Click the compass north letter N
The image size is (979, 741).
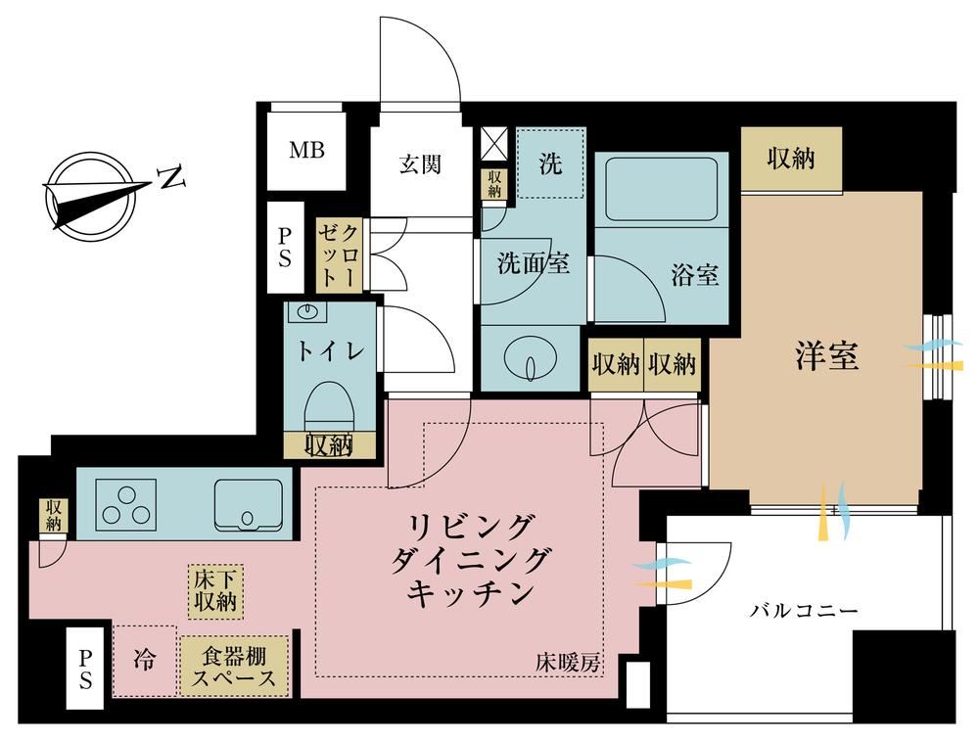[173, 178]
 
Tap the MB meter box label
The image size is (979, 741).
[306, 150]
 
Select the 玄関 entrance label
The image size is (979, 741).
[421, 164]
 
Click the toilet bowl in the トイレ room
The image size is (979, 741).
[330, 407]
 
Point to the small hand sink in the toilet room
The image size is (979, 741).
[307, 311]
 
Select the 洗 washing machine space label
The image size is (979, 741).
[550, 163]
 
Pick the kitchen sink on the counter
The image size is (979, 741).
[249, 504]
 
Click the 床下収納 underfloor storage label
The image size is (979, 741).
[215, 591]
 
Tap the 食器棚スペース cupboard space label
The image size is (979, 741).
[234, 667]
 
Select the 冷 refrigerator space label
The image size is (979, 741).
[144, 659]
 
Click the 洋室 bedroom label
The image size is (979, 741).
[826, 356]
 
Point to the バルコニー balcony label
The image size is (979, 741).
[804, 610]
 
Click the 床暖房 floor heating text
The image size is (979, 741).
[568, 663]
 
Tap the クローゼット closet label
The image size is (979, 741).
[339, 255]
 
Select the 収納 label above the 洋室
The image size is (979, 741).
[790, 159]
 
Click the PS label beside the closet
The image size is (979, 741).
[285, 248]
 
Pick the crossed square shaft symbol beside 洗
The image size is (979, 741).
[494, 145]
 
